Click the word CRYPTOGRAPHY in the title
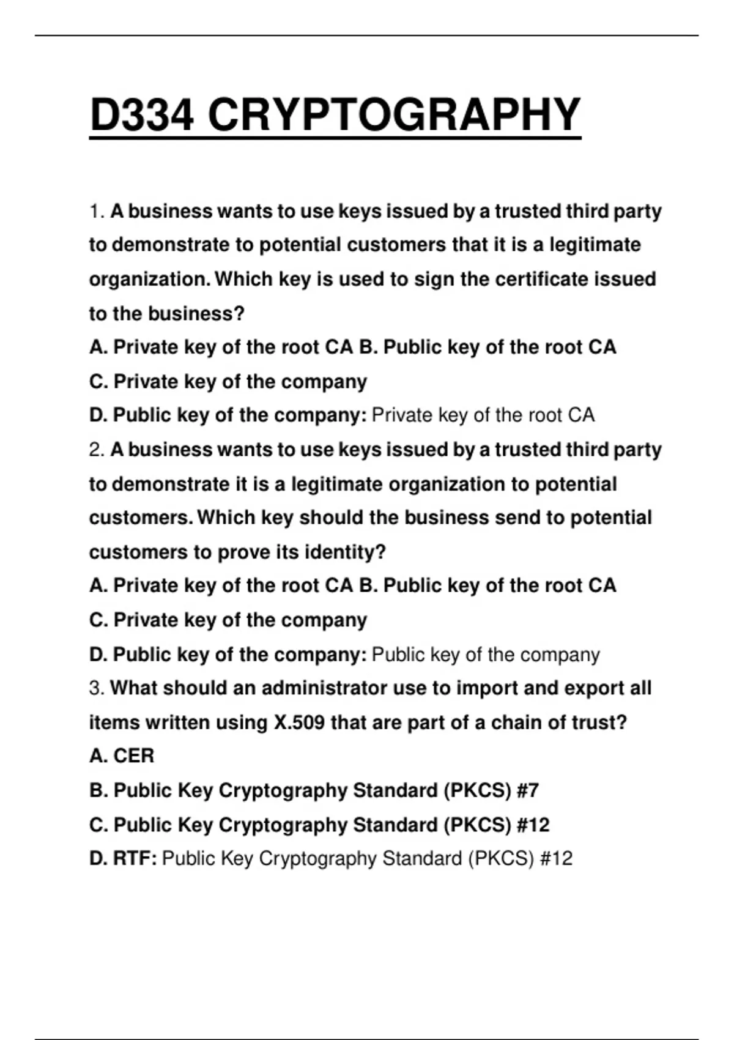pos(394,114)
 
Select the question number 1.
pos(96,212)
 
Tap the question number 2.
pos(96,450)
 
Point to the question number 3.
pos(96,688)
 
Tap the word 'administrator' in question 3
pos(325,688)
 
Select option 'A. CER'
pos(122,756)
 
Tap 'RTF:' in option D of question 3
pos(135,858)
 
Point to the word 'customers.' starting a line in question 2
pos(140,518)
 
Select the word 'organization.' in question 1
pos(149,280)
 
